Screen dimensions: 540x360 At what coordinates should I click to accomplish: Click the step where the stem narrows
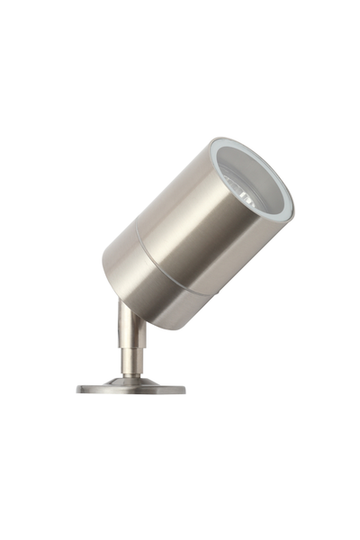tap(131, 349)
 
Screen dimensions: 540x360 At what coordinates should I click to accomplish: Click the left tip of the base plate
tap(77, 390)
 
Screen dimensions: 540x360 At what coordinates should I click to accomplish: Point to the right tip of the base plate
tap(185, 390)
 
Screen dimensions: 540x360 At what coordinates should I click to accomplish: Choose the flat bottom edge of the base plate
tap(131, 394)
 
